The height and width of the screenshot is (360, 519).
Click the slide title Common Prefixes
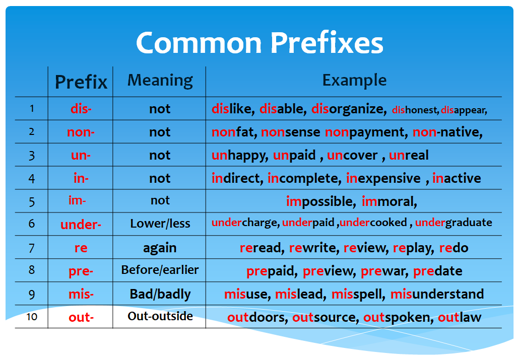pos(259,42)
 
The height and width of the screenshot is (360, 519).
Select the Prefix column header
pos(81,82)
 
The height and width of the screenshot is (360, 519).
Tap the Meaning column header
pos(160,80)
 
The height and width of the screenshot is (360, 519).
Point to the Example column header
pos(354,80)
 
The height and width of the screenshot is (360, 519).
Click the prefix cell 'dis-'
pos(81,109)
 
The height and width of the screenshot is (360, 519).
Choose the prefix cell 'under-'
pos(81,225)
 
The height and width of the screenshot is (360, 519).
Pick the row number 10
pos(32,317)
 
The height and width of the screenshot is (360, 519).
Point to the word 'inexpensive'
pos(383,178)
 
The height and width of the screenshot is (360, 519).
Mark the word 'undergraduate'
pos(453,223)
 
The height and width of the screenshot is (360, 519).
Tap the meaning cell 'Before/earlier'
pos(160,270)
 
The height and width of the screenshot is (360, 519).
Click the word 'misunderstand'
pos(437,294)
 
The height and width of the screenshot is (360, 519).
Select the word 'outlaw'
pos(460,317)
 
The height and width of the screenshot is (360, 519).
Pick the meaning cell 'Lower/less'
pos(160,224)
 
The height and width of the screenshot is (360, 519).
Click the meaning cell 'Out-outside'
pos(160,316)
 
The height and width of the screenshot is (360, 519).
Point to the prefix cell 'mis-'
pos(81,294)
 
